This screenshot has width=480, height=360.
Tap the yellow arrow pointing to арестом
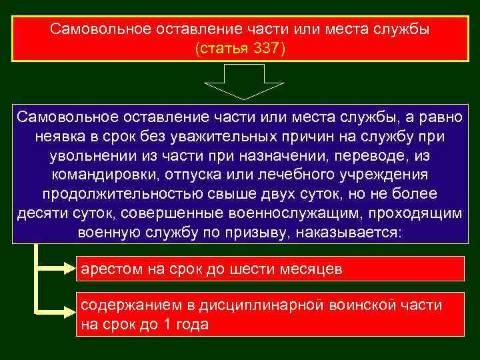coord(60,268)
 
